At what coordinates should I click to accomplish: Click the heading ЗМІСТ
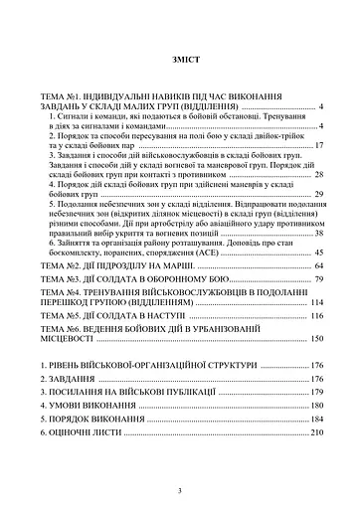click(180, 59)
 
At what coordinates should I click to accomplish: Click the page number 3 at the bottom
click(180, 491)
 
